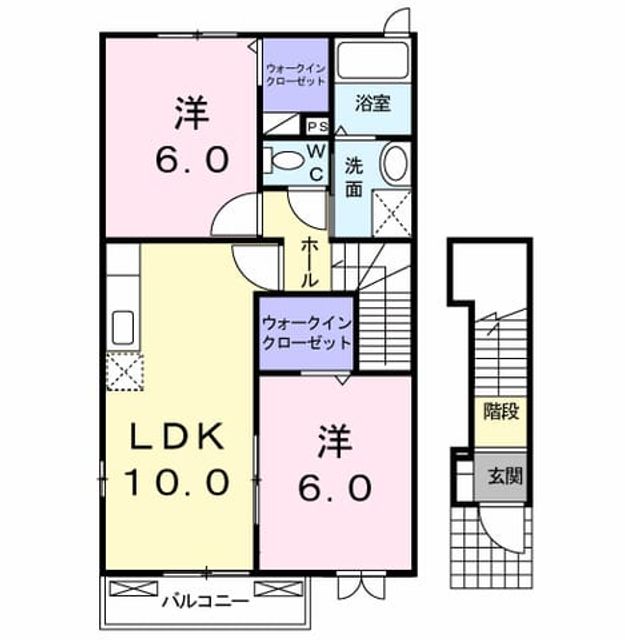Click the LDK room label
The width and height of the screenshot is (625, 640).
coord(177,436)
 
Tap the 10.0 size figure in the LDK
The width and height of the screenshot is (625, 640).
coord(176,482)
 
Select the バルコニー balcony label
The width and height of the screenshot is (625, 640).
coord(205,601)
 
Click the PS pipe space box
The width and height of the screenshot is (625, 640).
coord(318,127)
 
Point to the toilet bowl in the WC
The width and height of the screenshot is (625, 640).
coord(287,160)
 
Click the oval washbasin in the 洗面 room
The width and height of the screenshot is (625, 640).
coord(395,162)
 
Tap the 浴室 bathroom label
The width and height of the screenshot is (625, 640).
coord(373,103)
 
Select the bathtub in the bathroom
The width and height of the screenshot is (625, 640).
coord(373,60)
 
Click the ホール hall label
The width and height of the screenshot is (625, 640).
coord(309,263)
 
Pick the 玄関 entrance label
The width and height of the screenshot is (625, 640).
coord(505,476)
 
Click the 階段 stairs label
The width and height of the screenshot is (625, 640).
coord(501,411)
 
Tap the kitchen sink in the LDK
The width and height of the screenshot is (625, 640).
coord(123,327)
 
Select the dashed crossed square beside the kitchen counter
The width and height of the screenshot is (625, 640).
coord(125,371)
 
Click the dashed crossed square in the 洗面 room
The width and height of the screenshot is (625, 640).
coord(392,214)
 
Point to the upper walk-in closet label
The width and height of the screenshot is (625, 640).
coord(296,74)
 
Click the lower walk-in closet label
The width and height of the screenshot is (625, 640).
coord(307,333)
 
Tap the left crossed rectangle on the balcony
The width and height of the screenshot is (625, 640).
coord(134,588)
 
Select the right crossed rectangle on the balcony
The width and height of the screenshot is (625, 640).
coord(278,588)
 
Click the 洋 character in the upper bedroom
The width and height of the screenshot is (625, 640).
coord(192,113)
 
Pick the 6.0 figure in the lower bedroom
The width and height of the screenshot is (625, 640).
coord(335,488)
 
